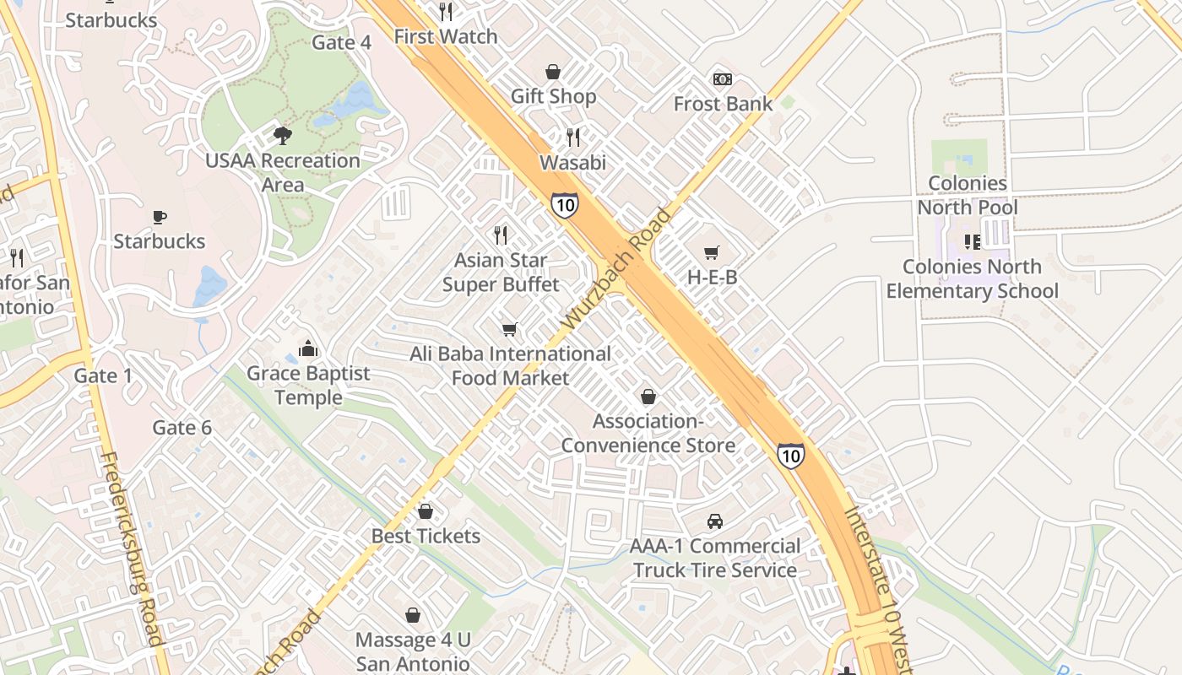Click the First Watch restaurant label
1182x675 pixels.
(x=446, y=36)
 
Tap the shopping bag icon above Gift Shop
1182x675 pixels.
(x=553, y=73)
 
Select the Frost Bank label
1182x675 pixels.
(x=723, y=104)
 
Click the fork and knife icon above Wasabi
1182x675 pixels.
(x=573, y=137)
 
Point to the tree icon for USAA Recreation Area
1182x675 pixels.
(x=283, y=135)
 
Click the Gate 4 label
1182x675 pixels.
(x=342, y=42)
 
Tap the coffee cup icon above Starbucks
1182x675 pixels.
(x=160, y=218)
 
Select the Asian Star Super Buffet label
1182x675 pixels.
(x=502, y=272)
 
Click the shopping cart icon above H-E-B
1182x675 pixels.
(x=712, y=252)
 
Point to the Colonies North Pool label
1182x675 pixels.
(x=968, y=195)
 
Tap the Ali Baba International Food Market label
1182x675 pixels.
(x=510, y=365)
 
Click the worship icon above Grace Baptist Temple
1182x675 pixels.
(x=308, y=348)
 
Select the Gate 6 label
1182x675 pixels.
(x=182, y=428)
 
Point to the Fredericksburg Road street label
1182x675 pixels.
(x=130, y=548)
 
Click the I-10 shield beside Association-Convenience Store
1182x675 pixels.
(x=790, y=456)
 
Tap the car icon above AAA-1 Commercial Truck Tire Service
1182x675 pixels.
(x=715, y=521)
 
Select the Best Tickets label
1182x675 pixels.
(x=426, y=536)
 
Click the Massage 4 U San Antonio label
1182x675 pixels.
(x=412, y=651)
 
